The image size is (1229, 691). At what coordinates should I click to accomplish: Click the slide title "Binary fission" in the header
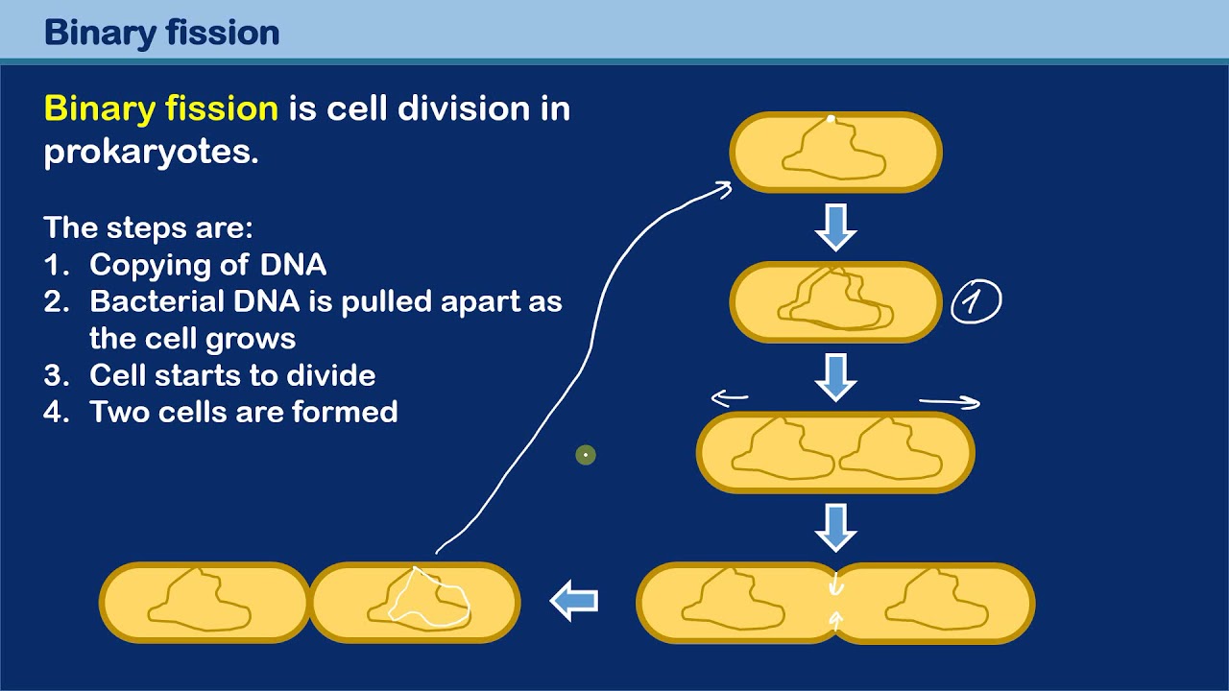(x=161, y=33)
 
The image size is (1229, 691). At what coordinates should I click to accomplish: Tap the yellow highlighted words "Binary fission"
(x=161, y=108)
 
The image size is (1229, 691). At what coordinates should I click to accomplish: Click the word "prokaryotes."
(x=152, y=153)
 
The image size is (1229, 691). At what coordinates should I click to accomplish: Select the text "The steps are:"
(x=148, y=228)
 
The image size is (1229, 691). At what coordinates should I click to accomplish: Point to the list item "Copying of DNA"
(x=207, y=265)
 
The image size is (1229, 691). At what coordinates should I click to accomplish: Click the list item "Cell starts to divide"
(x=232, y=375)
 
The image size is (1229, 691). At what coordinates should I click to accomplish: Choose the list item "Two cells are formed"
(x=244, y=412)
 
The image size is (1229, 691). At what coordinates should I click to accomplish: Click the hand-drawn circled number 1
(x=976, y=302)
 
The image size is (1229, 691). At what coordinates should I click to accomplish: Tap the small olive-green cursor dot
(x=586, y=455)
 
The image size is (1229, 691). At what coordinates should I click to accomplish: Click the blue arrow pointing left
(x=574, y=602)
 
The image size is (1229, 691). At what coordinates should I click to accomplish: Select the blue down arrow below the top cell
(x=835, y=226)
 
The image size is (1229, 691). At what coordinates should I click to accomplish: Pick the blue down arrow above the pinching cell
(x=835, y=527)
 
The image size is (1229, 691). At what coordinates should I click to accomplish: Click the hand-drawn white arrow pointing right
(x=950, y=402)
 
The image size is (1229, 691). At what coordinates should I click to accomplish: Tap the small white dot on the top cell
(x=831, y=120)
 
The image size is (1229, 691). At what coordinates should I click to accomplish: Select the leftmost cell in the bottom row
(x=205, y=603)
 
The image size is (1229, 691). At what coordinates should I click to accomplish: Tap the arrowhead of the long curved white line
(x=725, y=188)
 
